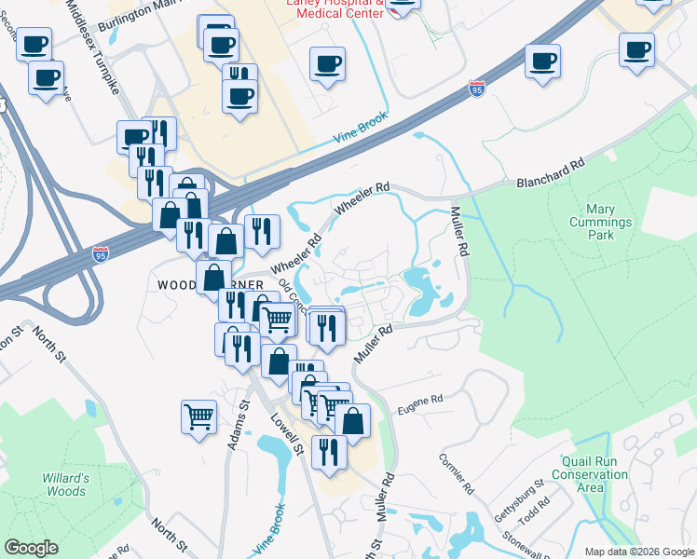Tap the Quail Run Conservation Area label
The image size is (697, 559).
pyautogui.click(x=595, y=474)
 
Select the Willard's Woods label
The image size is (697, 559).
pyautogui.click(x=65, y=484)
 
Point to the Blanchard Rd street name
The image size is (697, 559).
pyautogui.click(x=551, y=174)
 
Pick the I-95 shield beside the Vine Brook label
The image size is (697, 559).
pyautogui.click(x=477, y=89)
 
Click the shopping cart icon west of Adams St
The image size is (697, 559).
pyautogui.click(x=198, y=416)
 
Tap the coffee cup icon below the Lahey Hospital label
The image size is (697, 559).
pyautogui.click(x=328, y=64)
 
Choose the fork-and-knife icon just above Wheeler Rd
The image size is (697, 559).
pyautogui.click(x=261, y=231)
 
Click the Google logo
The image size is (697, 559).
pyautogui.click(x=31, y=548)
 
